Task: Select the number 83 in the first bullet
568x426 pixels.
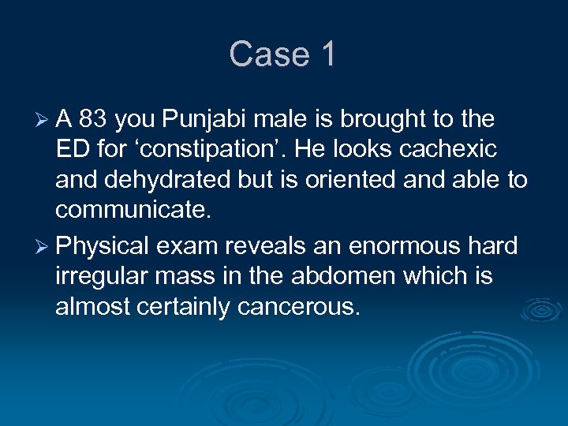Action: coord(93,120)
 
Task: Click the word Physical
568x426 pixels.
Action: coord(103,246)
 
